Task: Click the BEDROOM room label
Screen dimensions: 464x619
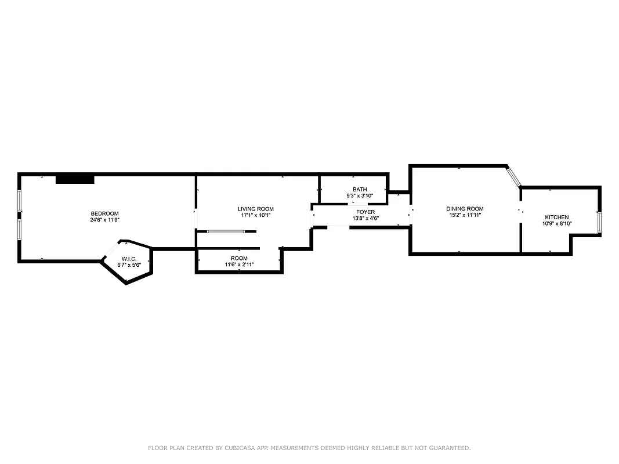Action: pos(104,213)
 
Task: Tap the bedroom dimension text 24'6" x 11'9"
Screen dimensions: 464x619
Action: pos(104,220)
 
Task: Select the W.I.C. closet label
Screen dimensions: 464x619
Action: pos(129,259)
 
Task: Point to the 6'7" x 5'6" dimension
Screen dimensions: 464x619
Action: pos(129,265)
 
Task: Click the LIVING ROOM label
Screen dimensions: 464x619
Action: pos(255,209)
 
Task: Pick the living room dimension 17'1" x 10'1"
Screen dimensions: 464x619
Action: pos(255,215)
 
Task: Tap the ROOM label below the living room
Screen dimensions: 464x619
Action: pos(239,258)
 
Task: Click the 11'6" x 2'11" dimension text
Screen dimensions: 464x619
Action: pos(239,265)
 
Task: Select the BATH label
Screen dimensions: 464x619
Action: pos(360,190)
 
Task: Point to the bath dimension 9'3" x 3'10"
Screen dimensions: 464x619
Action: pos(360,196)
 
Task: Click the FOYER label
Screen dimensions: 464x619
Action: pos(365,212)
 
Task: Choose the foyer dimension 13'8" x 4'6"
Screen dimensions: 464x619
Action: pos(365,219)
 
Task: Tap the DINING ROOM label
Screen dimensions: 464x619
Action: pos(465,209)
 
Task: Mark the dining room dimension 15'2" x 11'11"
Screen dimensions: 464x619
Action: pos(465,215)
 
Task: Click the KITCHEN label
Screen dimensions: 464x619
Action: pos(556,217)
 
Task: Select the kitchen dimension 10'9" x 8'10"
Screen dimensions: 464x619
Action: pos(556,223)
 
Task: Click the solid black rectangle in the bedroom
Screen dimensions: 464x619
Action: pos(75,179)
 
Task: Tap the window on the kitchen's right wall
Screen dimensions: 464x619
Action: pos(599,222)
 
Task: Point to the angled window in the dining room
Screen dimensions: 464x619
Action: pos(513,177)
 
